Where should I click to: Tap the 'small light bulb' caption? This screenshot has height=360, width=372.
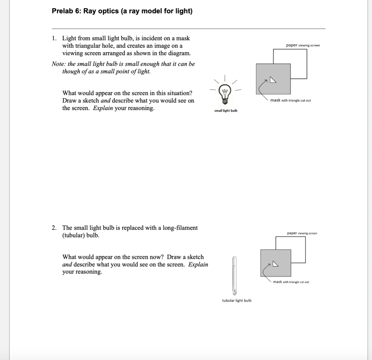(x=226, y=111)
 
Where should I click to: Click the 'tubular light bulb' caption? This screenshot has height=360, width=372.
(x=237, y=300)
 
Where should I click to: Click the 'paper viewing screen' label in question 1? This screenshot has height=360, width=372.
(x=303, y=45)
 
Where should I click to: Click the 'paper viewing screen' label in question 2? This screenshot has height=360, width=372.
(x=302, y=233)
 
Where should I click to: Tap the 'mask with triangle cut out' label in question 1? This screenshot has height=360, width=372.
(x=290, y=101)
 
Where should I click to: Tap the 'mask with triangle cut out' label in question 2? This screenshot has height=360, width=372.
(x=291, y=282)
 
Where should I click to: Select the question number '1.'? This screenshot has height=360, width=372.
(x=54, y=38)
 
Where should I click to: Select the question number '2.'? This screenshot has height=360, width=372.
(x=54, y=228)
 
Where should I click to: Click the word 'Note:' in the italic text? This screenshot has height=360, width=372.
(x=59, y=64)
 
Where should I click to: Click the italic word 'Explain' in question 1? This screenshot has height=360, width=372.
(x=103, y=108)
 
